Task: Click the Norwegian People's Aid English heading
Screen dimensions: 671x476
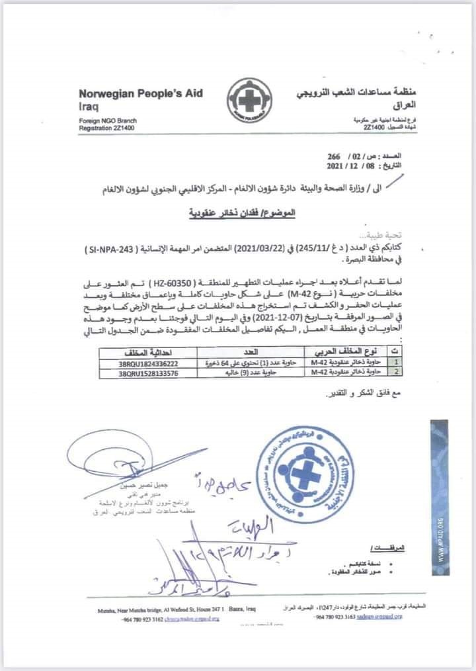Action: [141, 93]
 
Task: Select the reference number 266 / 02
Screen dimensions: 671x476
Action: [346, 155]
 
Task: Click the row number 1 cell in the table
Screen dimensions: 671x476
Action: [396, 363]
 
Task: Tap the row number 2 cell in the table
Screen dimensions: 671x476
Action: [396, 373]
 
